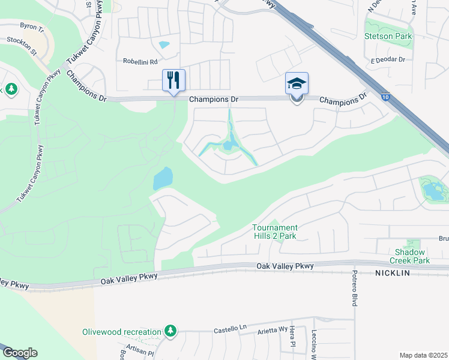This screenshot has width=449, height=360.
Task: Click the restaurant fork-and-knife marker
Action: click(174, 80)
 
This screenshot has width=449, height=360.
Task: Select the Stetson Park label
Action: click(388, 37)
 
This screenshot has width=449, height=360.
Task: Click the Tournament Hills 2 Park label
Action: click(274, 232)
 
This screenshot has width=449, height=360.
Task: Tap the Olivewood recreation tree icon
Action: click(171, 331)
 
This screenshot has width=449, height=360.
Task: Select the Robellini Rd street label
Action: click(140, 62)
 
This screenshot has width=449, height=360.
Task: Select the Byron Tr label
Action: click(32, 26)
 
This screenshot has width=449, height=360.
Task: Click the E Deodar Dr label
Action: click(388, 60)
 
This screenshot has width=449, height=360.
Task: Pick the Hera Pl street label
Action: click(293, 339)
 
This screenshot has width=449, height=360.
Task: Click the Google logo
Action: click(20, 353)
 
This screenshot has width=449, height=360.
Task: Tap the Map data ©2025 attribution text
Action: click(423, 355)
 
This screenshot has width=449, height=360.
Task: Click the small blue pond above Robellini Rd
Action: click(164, 44)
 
